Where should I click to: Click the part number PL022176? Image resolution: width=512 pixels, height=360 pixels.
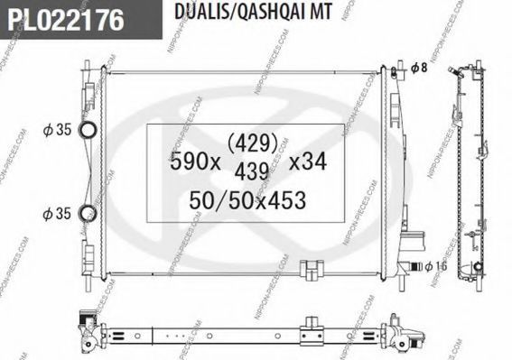pyautogui.click(x=64, y=19)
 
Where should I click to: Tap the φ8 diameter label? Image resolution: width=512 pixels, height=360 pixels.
pyautogui.click(x=417, y=68)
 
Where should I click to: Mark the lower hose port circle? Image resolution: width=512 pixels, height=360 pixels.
pyautogui.click(x=88, y=214)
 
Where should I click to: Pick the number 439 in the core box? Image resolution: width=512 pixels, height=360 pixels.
pyautogui.click(x=252, y=169)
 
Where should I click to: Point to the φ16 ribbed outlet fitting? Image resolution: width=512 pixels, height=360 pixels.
pyautogui.click(x=414, y=264)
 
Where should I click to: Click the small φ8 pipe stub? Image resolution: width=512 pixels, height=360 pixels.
pyautogui.click(x=396, y=69)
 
